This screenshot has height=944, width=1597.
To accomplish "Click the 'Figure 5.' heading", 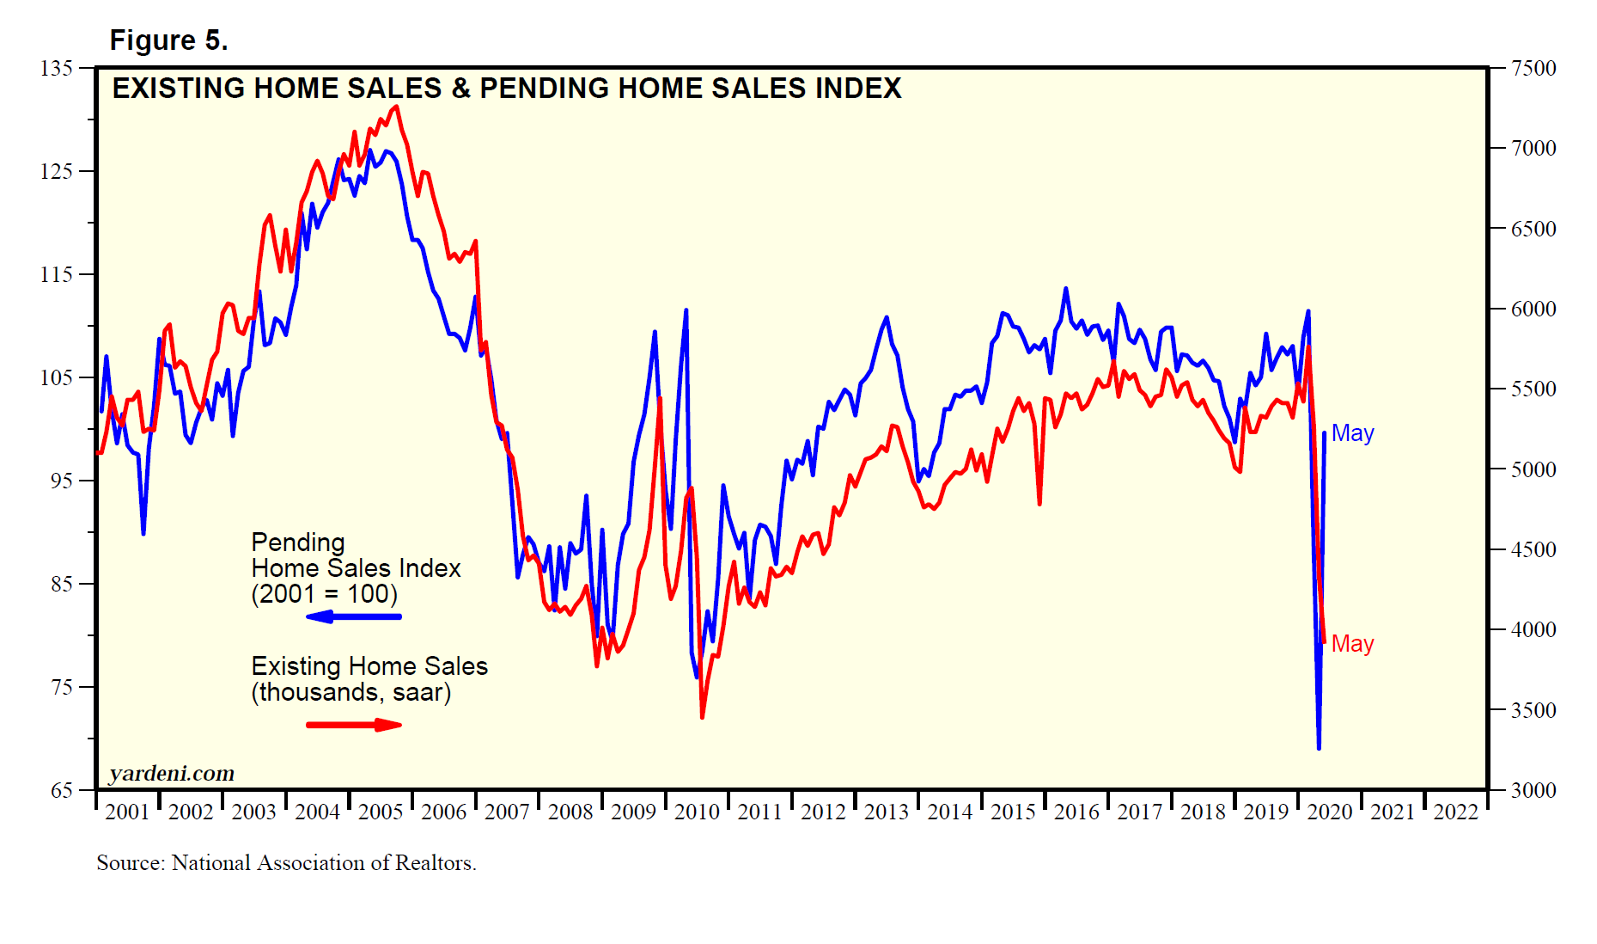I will [x=168, y=40].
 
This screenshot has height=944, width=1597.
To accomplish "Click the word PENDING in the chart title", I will [x=545, y=89].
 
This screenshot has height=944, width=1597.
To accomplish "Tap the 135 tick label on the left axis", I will [x=57, y=68].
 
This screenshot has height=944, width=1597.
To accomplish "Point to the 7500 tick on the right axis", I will [x=1533, y=69].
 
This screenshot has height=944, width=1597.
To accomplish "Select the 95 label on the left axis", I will [x=62, y=481].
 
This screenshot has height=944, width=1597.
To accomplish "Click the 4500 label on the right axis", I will [x=1533, y=550].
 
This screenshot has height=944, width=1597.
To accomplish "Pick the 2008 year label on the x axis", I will [x=570, y=812].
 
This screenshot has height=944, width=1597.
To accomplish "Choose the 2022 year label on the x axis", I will [x=1456, y=812].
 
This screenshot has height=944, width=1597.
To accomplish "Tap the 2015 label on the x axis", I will [x=1013, y=812].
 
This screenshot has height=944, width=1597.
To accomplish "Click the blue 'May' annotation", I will [x=1352, y=433].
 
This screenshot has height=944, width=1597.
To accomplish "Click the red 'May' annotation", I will [x=1352, y=644].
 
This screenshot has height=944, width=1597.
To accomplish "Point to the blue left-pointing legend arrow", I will [x=353, y=616].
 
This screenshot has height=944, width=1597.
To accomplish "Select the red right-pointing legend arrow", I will [x=353, y=725].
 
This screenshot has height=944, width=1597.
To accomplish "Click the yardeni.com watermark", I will [x=172, y=774].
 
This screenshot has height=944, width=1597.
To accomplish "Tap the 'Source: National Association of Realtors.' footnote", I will [x=286, y=863].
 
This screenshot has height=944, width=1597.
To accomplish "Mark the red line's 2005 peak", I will [x=396, y=107].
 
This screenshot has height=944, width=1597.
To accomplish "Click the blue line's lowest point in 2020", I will [x=1319, y=748].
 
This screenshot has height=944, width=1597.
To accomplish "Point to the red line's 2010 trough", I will [x=702, y=717].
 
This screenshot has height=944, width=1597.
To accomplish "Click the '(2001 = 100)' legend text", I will [x=324, y=594].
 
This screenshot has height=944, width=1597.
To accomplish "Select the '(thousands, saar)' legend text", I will [x=350, y=692].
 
